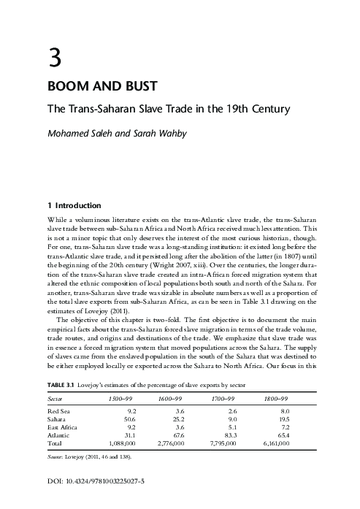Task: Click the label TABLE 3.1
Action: tap(64, 386)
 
